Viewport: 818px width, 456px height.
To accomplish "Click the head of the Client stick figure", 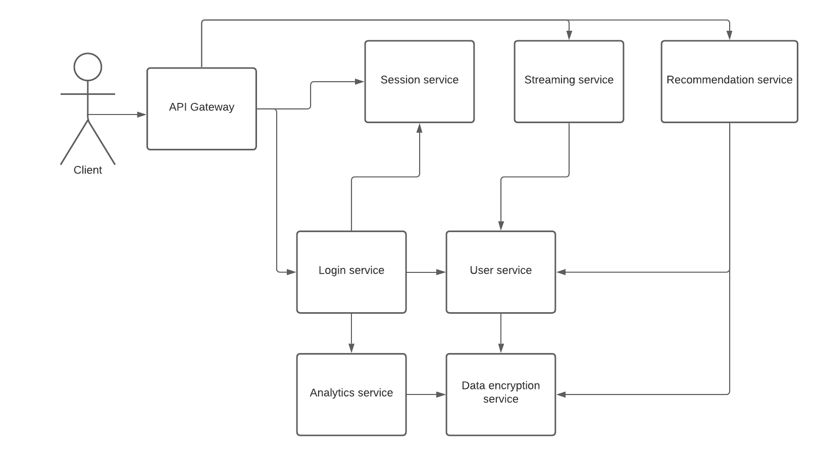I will [88, 67].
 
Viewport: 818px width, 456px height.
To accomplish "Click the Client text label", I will [88, 170].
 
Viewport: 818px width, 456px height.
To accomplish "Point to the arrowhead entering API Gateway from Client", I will [142, 115].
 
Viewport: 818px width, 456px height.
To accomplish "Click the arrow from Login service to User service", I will [426, 272].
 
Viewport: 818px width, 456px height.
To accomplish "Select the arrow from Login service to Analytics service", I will [351, 333].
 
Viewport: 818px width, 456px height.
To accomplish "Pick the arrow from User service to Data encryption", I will [501, 333].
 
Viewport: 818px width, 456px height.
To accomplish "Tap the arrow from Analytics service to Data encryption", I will [426, 394].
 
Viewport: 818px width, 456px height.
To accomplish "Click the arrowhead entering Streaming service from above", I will [569, 35].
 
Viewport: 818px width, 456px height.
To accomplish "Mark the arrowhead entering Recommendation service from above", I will [729, 35].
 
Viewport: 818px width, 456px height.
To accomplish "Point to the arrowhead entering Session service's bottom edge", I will [419, 128].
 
